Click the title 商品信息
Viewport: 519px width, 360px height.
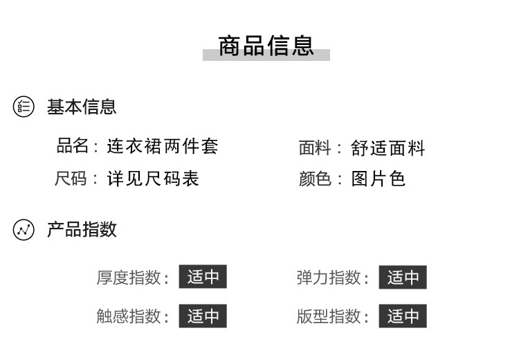coord(266,46)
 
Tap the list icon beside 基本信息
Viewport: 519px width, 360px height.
coord(24,107)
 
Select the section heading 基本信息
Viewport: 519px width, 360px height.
coord(82,107)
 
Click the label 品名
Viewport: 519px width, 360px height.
coord(73,146)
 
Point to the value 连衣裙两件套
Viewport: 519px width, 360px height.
coord(163,146)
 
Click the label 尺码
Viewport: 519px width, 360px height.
coord(71,179)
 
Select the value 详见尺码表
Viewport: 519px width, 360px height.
coord(153,179)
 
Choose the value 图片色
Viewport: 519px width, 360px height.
coord(378,179)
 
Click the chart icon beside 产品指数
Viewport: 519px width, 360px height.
coord(24,230)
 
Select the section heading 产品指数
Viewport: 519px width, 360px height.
coord(82,230)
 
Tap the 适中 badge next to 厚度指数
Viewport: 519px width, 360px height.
coord(203,278)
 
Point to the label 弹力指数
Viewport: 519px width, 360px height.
coord(329,278)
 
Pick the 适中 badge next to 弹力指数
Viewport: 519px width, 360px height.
coord(403,278)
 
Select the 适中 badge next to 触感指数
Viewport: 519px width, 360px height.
coord(203,316)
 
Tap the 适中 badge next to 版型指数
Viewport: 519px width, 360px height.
coord(403,316)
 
